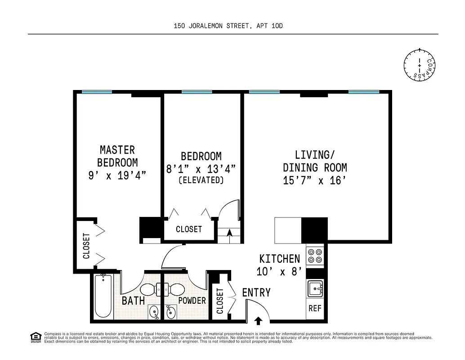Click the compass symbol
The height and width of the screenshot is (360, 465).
click(x=420, y=66)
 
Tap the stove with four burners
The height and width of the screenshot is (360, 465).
click(x=314, y=256)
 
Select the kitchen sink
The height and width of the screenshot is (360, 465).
click(x=315, y=288)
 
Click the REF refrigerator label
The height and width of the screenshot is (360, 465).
click(x=315, y=309)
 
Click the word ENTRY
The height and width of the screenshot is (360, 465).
click(x=256, y=292)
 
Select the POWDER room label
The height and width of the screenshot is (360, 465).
click(x=192, y=301)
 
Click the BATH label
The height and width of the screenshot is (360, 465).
click(x=133, y=301)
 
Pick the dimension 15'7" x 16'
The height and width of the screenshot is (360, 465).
click(x=315, y=181)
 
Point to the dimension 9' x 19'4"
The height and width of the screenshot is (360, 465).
click(x=117, y=175)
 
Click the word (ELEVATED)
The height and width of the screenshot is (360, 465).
click(x=201, y=180)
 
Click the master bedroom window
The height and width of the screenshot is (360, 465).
click(x=97, y=92)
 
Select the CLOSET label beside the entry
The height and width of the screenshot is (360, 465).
click(x=220, y=301)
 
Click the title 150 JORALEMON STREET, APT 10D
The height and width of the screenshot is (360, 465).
click(x=228, y=26)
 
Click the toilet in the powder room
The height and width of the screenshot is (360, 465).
click(x=175, y=289)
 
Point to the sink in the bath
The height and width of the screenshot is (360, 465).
click(x=154, y=311)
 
